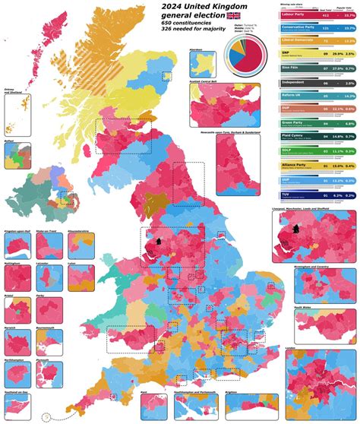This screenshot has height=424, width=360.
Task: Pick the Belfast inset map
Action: click(16, 157)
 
